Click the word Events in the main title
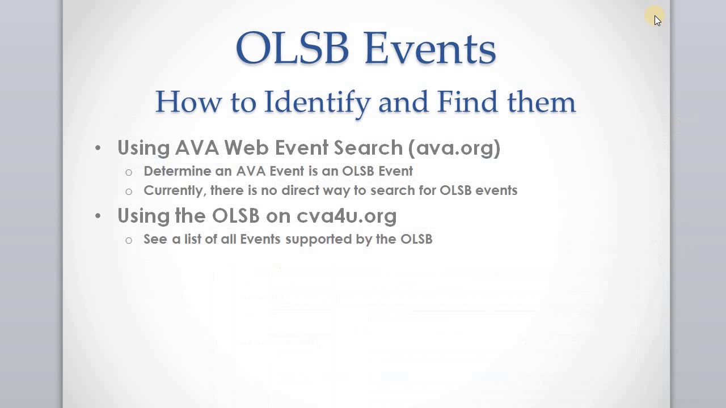point(430,48)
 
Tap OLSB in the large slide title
point(292,48)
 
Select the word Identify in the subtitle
point(316,103)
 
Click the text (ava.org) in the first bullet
point(454,148)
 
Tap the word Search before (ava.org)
point(368,148)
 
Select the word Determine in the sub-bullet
point(177,171)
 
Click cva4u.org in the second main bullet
point(347,216)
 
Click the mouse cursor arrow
point(657,20)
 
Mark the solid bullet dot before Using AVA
point(98,148)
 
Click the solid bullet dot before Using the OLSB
point(98,216)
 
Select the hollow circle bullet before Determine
point(129,172)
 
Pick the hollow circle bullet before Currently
point(129,192)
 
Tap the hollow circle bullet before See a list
point(129,240)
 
